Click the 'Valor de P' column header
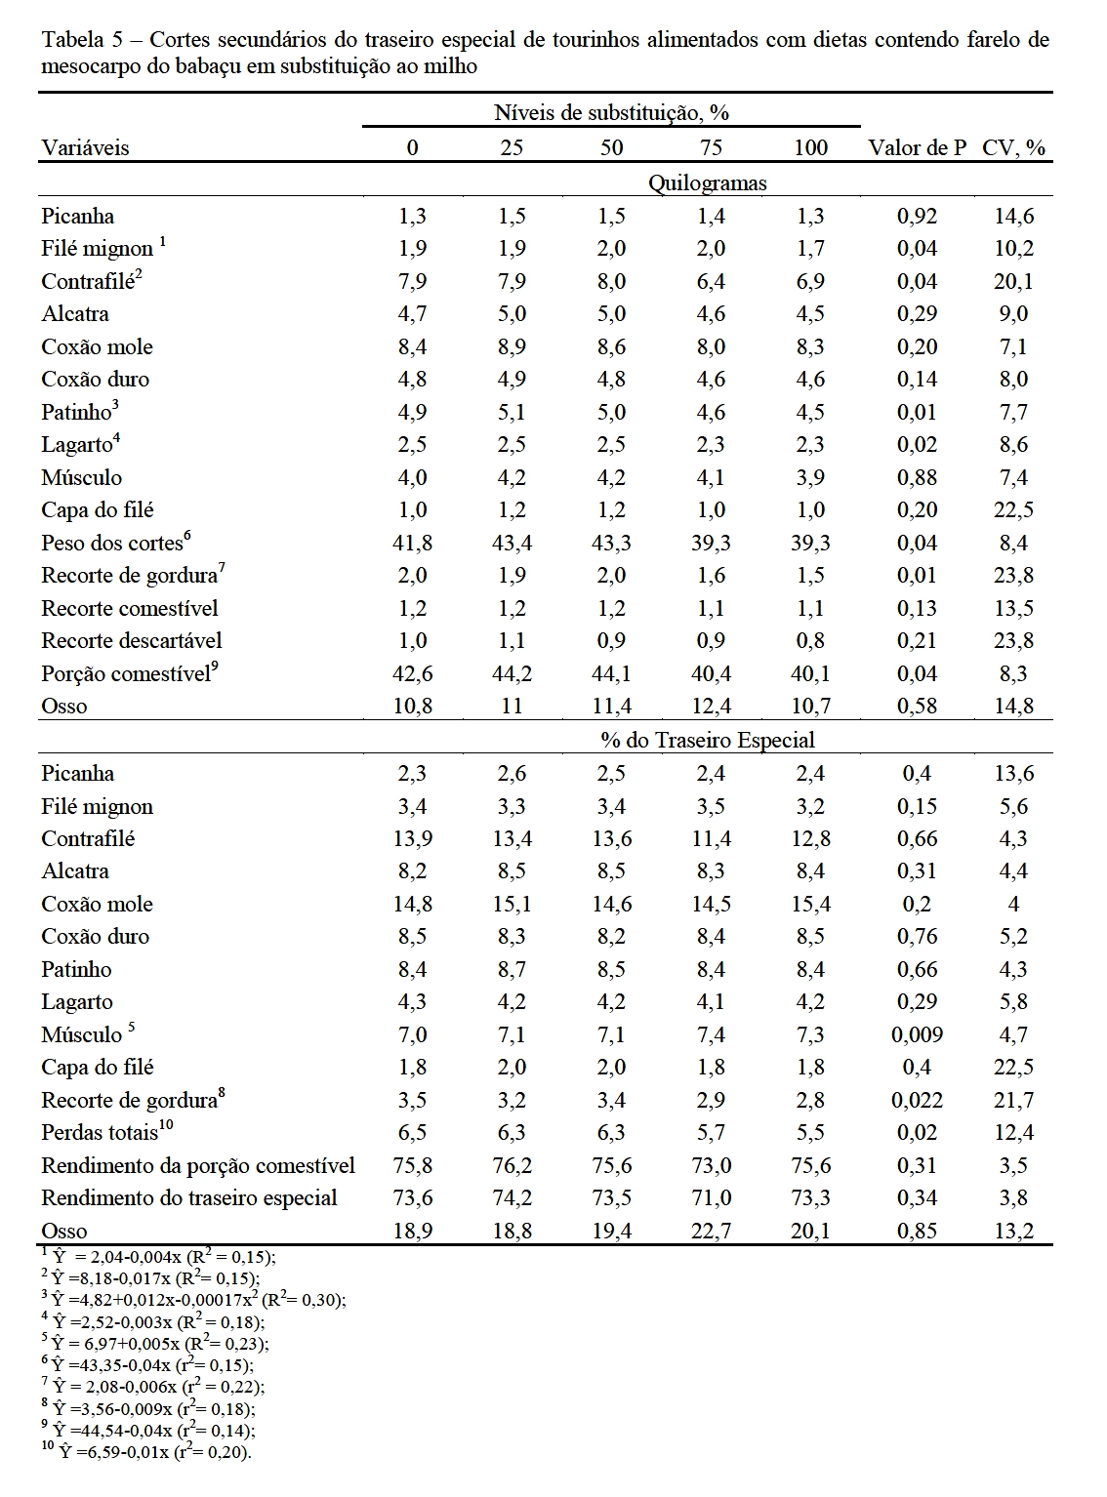(x=917, y=148)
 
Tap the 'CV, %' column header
(x=1013, y=148)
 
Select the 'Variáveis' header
(x=85, y=148)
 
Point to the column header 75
(x=711, y=148)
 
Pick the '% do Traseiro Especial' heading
(x=708, y=740)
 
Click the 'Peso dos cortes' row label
(x=112, y=544)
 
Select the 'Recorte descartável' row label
(x=131, y=641)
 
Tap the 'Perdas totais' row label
(x=100, y=1133)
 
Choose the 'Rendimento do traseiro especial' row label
(x=188, y=1198)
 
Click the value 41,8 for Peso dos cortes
(x=412, y=544)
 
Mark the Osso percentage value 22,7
(x=711, y=1232)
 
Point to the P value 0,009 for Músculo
(x=917, y=1035)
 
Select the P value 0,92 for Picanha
(x=917, y=217)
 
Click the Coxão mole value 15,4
(x=810, y=905)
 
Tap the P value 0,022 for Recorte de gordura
(x=917, y=1101)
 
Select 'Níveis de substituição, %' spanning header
(x=611, y=112)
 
